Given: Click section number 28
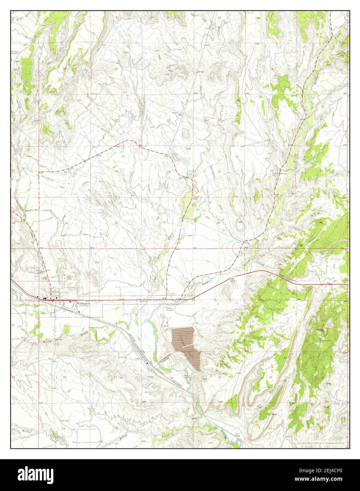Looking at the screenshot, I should pyautogui.click(x=169, y=172).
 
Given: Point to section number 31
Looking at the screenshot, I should pyautogui.click(x=67, y=223).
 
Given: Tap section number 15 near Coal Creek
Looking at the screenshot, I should pyautogui.click(x=219, y=69).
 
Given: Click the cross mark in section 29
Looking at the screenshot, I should pyautogui.click(x=123, y=155).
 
